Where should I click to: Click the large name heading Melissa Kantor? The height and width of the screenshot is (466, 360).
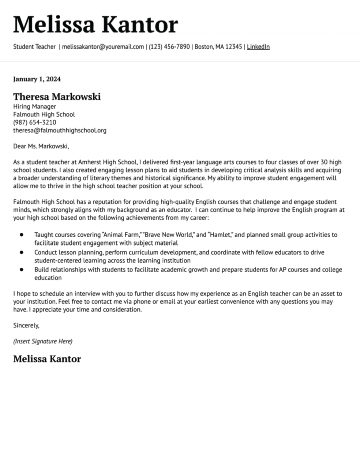tap(96, 24)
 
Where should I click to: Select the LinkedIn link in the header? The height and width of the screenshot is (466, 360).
tap(258, 47)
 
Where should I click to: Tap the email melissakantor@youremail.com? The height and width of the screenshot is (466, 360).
tap(103, 47)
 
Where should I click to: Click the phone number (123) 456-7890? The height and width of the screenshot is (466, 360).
tap(169, 47)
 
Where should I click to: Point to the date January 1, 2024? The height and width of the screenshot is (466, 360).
tap(37, 79)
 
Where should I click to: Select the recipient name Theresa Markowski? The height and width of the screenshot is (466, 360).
tap(57, 97)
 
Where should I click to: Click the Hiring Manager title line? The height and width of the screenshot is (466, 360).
tap(35, 106)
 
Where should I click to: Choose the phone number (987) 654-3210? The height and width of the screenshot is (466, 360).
tap(35, 122)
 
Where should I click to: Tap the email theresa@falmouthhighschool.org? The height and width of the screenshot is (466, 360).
tap(60, 130)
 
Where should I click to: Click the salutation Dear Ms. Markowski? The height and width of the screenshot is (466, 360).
tap(41, 146)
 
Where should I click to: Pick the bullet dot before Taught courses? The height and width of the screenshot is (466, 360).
tap(22, 234)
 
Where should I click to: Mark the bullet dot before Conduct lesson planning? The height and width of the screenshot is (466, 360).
tap(22, 252)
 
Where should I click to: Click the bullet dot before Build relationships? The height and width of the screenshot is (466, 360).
tap(22, 270)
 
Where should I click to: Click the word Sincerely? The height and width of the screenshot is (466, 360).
tap(26, 325)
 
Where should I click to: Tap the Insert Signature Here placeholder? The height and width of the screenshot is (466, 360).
tap(43, 341)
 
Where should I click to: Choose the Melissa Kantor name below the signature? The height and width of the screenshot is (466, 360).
tap(47, 359)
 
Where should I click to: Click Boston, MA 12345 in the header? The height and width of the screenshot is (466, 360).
tap(218, 47)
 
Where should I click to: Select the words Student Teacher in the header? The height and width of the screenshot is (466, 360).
tap(34, 47)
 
